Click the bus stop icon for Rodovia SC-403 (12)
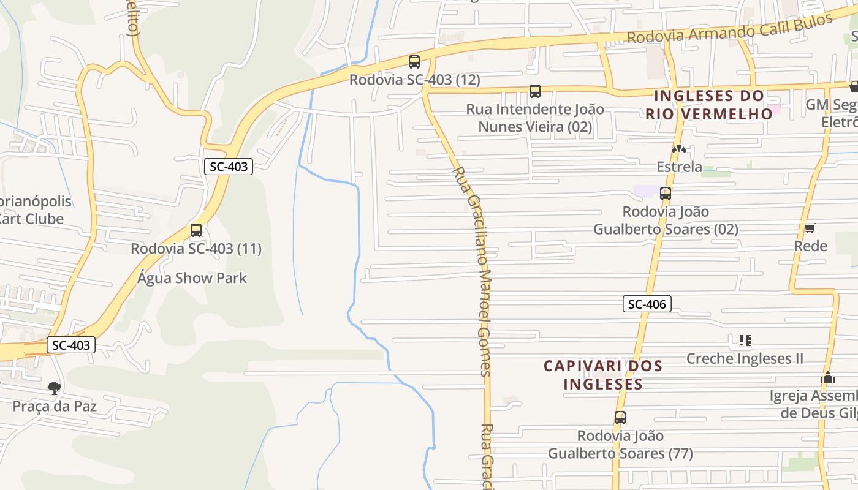coord(414,61)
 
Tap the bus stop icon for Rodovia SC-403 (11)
coord(196,230)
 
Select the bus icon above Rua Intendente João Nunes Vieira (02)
coord(535,91)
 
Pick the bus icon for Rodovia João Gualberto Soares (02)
coord(666,194)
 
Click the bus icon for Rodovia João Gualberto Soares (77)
coord(620,418)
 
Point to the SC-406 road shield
coord(647,304)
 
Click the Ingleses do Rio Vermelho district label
coord(709,105)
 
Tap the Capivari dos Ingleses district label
coord(603,375)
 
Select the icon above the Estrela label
coord(678,149)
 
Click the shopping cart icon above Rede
coord(810,228)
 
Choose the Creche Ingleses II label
coord(745,358)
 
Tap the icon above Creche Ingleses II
coord(745,340)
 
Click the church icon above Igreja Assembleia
coord(828,377)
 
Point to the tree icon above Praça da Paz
coord(55,388)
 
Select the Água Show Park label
coord(192,278)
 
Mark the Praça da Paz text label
coord(55,405)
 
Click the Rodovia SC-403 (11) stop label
coord(196,249)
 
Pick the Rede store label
coord(810,246)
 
